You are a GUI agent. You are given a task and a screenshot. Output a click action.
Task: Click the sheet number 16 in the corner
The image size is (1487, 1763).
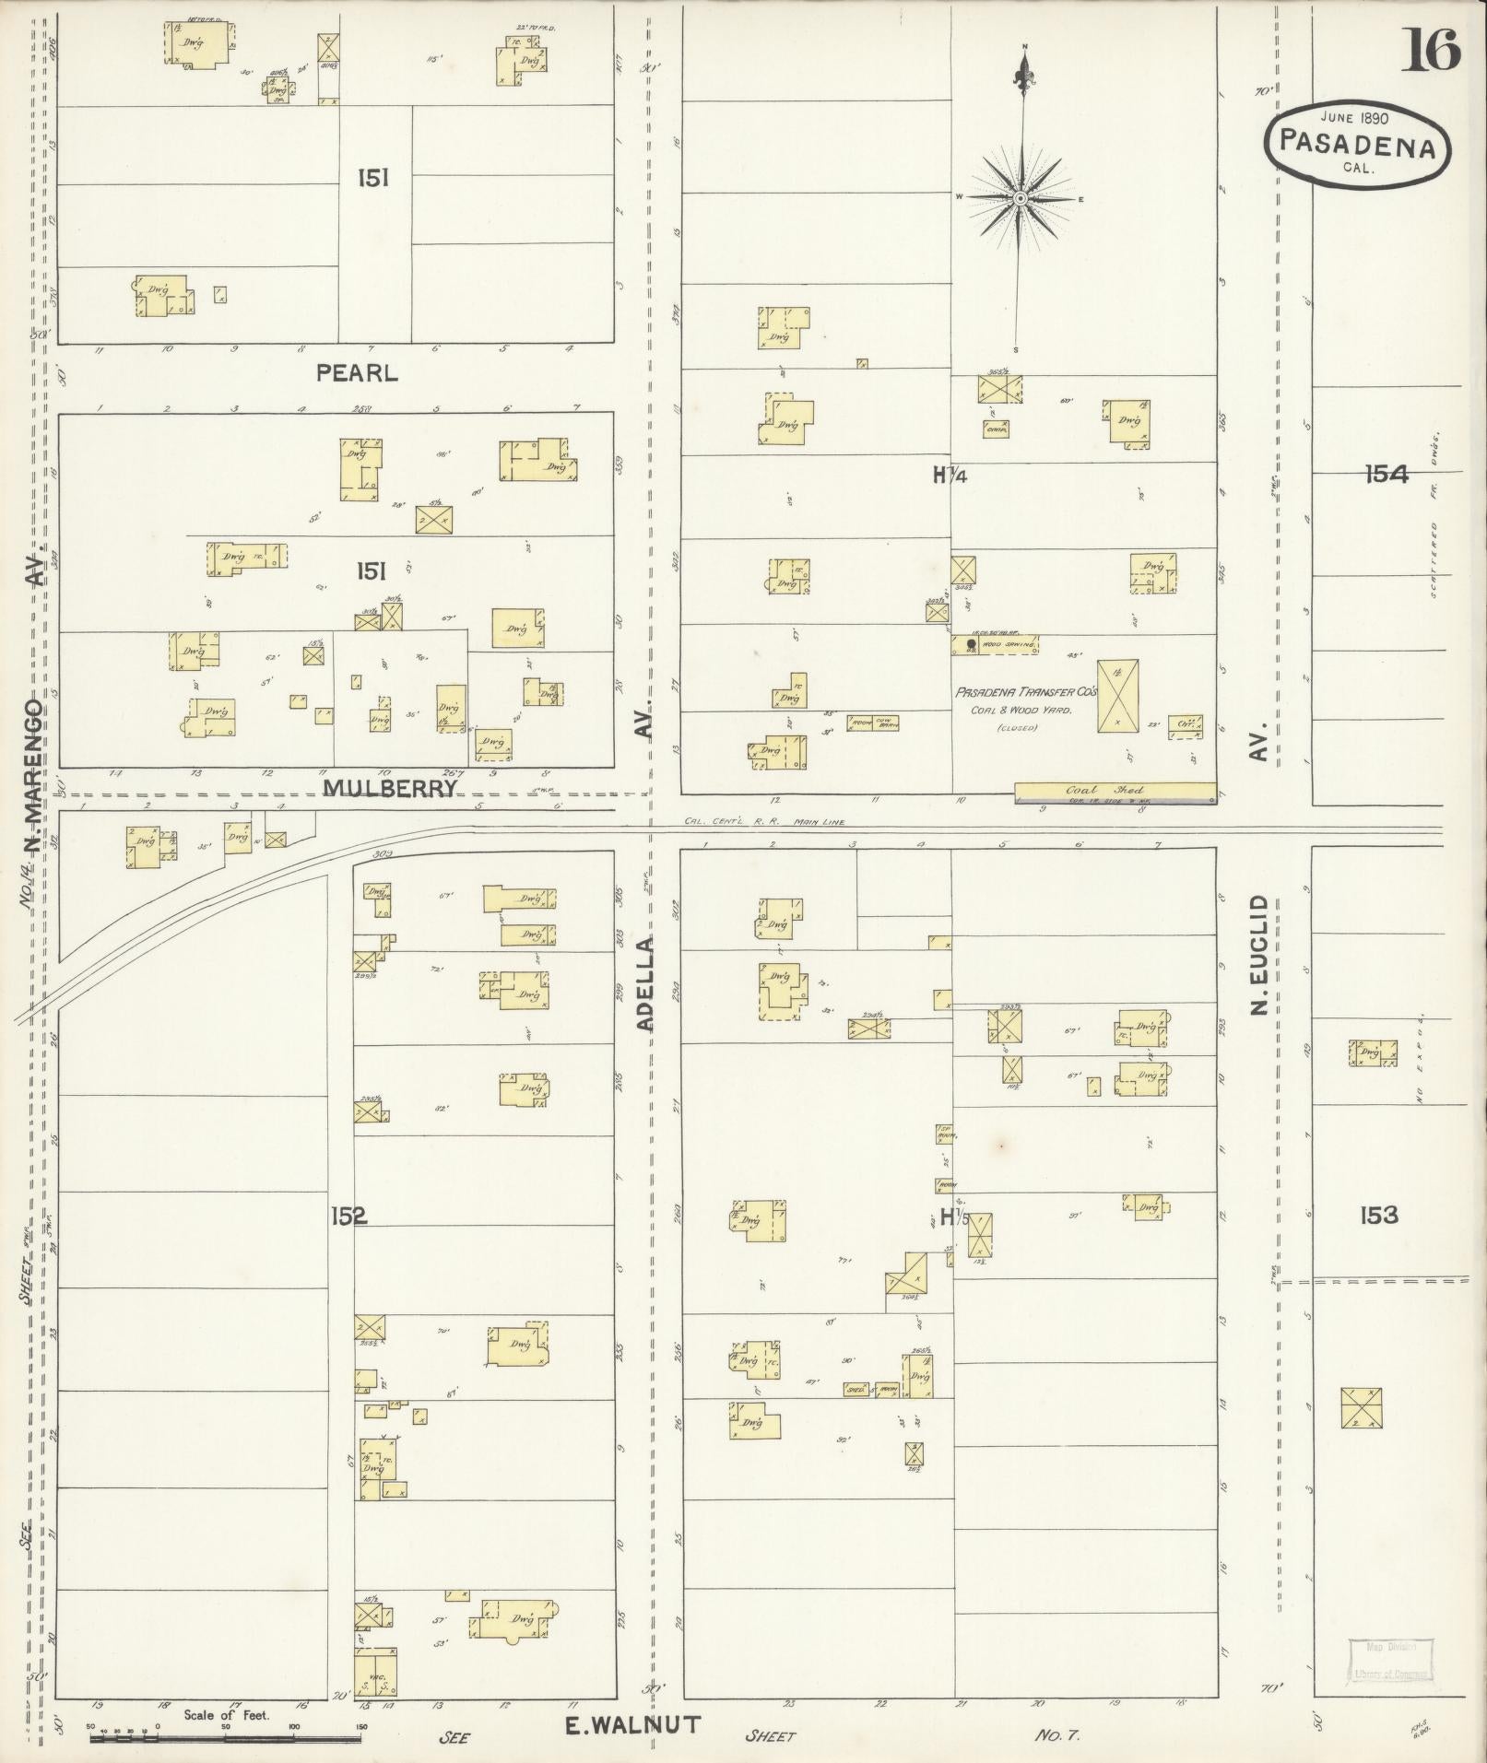tap(1432, 50)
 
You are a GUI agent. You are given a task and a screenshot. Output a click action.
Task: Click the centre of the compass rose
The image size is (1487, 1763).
tap(1021, 198)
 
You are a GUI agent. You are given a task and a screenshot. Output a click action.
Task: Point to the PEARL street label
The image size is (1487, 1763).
tap(357, 373)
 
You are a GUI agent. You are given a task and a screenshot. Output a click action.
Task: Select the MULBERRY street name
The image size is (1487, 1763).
tap(390, 788)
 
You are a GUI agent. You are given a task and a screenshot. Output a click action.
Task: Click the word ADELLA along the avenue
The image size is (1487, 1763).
tap(645, 982)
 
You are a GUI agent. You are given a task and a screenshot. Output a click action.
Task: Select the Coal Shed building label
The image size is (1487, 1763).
tap(1117, 791)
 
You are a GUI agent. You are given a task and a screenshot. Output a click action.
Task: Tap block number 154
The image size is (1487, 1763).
tap(1387, 475)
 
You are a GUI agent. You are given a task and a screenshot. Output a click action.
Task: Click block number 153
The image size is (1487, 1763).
tap(1378, 1216)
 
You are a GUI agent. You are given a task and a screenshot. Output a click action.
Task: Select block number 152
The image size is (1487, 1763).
tap(348, 1216)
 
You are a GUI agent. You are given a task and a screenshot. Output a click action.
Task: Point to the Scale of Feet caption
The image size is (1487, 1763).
tap(226, 1715)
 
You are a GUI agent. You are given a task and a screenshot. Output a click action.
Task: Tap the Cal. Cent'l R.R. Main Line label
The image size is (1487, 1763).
tap(764, 822)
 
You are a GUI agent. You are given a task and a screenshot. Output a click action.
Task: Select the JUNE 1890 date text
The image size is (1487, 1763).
tap(1353, 118)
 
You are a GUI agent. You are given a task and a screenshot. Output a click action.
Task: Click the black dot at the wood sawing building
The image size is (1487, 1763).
tap(971, 643)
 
